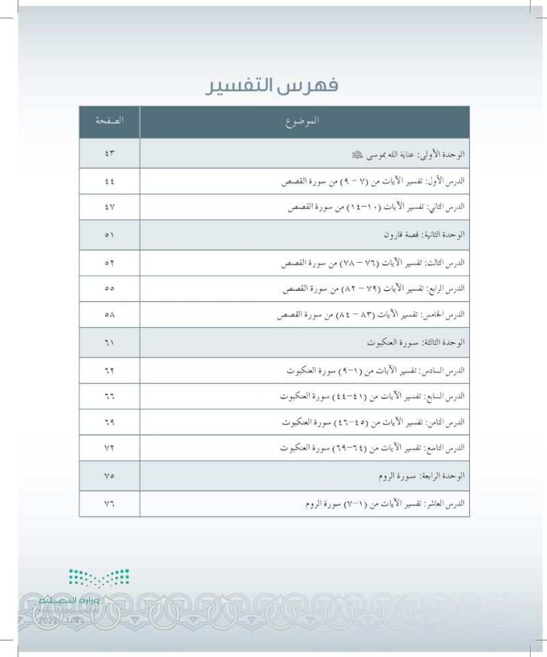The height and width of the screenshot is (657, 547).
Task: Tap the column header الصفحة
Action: (x=109, y=121)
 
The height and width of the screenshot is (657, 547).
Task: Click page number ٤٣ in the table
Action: (x=109, y=155)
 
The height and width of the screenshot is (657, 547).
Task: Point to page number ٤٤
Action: (x=109, y=183)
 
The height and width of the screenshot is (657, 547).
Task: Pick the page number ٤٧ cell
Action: (x=109, y=206)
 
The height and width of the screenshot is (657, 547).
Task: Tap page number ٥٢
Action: (x=109, y=262)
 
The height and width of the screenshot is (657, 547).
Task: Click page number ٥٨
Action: (x=109, y=315)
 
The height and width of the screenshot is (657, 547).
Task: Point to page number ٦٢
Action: (x=109, y=370)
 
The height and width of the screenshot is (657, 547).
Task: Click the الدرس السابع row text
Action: (x=375, y=396)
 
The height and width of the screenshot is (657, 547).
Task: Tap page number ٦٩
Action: (x=109, y=422)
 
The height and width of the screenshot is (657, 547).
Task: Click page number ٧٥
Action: (x=109, y=476)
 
